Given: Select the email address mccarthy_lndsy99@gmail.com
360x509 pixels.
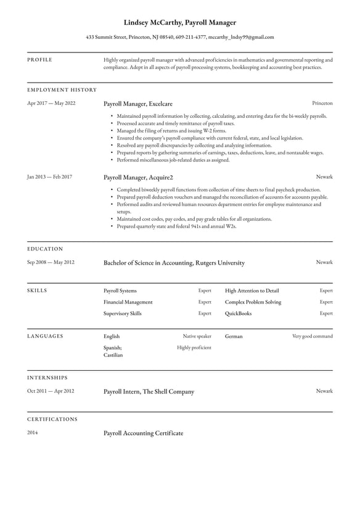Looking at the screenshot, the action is pos(241,37).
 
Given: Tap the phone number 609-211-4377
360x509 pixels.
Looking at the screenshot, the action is pos(191,37).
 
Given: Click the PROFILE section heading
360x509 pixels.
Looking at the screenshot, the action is pos(40,60).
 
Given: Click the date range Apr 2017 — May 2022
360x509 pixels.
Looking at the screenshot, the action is pos(51,103).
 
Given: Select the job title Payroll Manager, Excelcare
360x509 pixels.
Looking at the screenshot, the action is pos(138,104).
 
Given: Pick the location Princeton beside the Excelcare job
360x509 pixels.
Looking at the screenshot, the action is pos(322,103).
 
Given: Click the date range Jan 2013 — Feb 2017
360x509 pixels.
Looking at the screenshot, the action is pos(49,177).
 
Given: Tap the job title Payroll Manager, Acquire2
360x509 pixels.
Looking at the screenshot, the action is pos(138,178).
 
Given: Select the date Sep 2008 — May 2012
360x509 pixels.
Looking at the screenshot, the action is pos(51,262).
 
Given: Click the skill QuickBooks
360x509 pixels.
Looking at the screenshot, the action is pos(239,313).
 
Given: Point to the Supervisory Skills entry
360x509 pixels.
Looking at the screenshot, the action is pos(123,313).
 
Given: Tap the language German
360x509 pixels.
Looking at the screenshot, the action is pos(234,337).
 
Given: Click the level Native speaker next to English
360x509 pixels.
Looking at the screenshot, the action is pos(197,336).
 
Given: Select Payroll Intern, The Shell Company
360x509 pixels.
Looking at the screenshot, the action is pos(149,392).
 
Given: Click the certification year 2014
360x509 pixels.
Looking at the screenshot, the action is pos(33,432).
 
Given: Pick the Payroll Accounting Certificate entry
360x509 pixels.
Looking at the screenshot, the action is pos(144,434).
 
